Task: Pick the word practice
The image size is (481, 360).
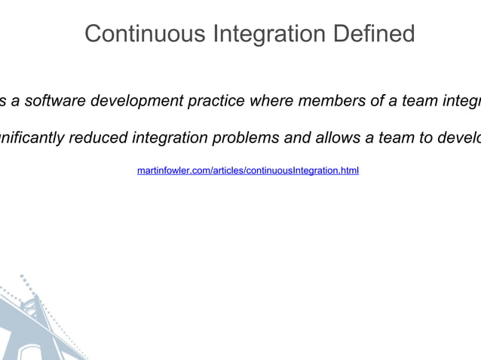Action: [x=214, y=101]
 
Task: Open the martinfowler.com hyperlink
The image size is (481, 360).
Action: [x=247, y=172]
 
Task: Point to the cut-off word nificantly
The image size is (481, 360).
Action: [x=32, y=138]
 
